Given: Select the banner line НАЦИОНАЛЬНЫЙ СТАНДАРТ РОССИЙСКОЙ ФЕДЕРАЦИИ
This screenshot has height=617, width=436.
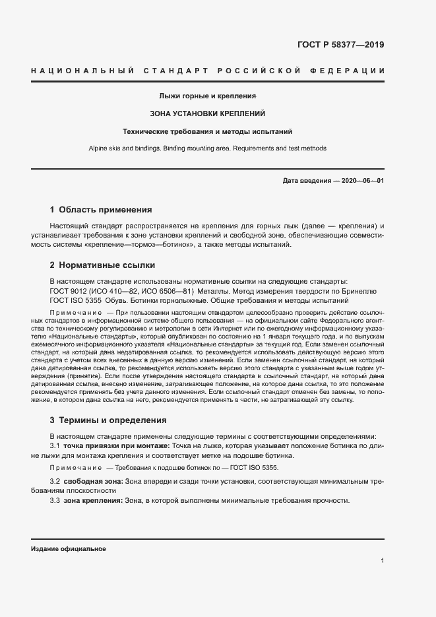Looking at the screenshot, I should [x=208, y=71].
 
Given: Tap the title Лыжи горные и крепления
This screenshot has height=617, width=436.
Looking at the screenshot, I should [x=208, y=96].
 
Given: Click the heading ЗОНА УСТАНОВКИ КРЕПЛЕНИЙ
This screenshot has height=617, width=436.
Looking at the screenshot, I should [x=208, y=114].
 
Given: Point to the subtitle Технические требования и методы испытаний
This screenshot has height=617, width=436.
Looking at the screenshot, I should [x=208, y=132].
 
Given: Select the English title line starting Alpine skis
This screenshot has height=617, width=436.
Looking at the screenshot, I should [x=208, y=148].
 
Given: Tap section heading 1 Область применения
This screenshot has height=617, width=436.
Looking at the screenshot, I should [x=100, y=210].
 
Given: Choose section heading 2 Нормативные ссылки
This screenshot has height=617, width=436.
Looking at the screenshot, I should [x=102, y=265].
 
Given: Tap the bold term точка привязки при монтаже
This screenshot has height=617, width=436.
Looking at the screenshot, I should [x=116, y=446].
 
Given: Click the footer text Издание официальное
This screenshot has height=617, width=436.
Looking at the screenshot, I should [x=69, y=548].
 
